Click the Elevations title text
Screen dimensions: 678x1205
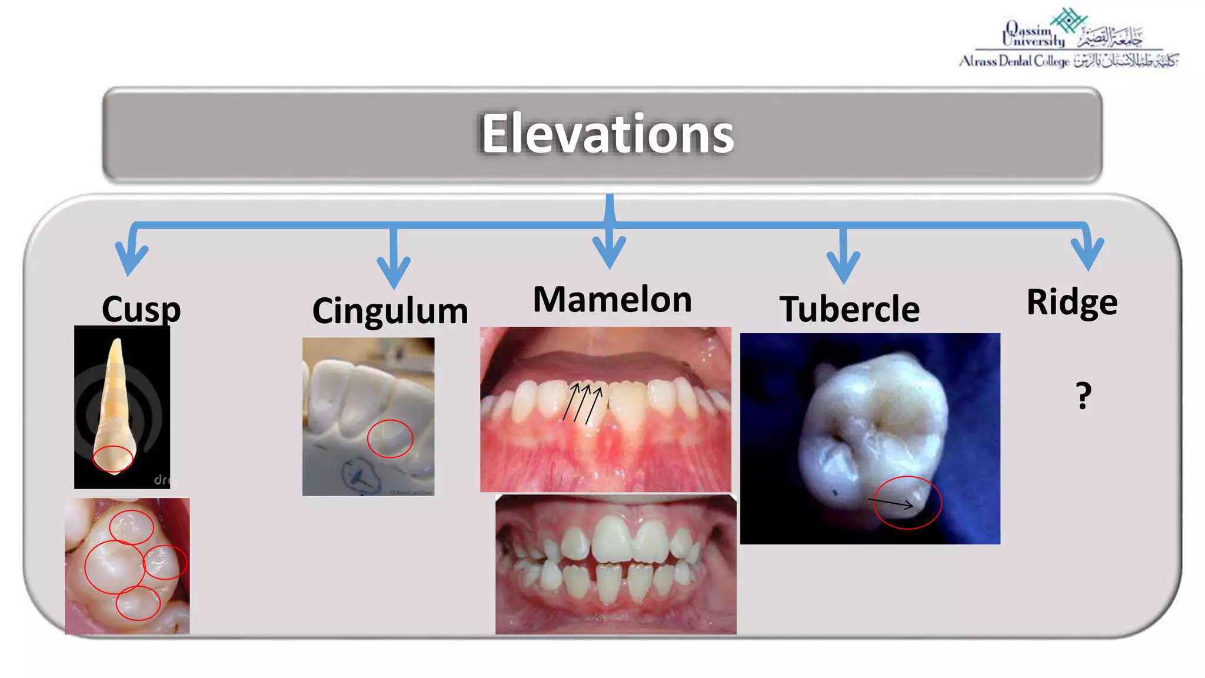pyautogui.click(x=607, y=134)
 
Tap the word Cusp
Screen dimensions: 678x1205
pyautogui.click(x=141, y=308)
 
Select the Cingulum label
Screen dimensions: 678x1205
pyautogui.click(x=390, y=311)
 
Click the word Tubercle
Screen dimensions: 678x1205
pyautogui.click(x=849, y=309)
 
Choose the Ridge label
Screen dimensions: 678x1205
pyautogui.click(x=1071, y=303)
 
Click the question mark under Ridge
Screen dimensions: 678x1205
pyautogui.click(x=1083, y=395)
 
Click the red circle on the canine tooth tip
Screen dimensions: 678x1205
pyautogui.click(x=113, y=459)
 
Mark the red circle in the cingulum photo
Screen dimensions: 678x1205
pyautogui.click(x=390, y=438)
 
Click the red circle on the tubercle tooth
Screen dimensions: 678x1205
pyautogui.click(x=907, y=503)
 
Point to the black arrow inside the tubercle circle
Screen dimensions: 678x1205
pyautogui.click(x=891, y=503)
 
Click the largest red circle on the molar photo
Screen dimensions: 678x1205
pyautogui.click(x=115, y=567)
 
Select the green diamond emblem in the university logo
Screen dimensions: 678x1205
pyautogui.click(x=1068, y=21)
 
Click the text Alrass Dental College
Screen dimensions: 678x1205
pyautogui.click(x=1014, y=61)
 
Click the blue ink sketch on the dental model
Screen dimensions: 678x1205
pyautogui.click(x=359, y=475)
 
